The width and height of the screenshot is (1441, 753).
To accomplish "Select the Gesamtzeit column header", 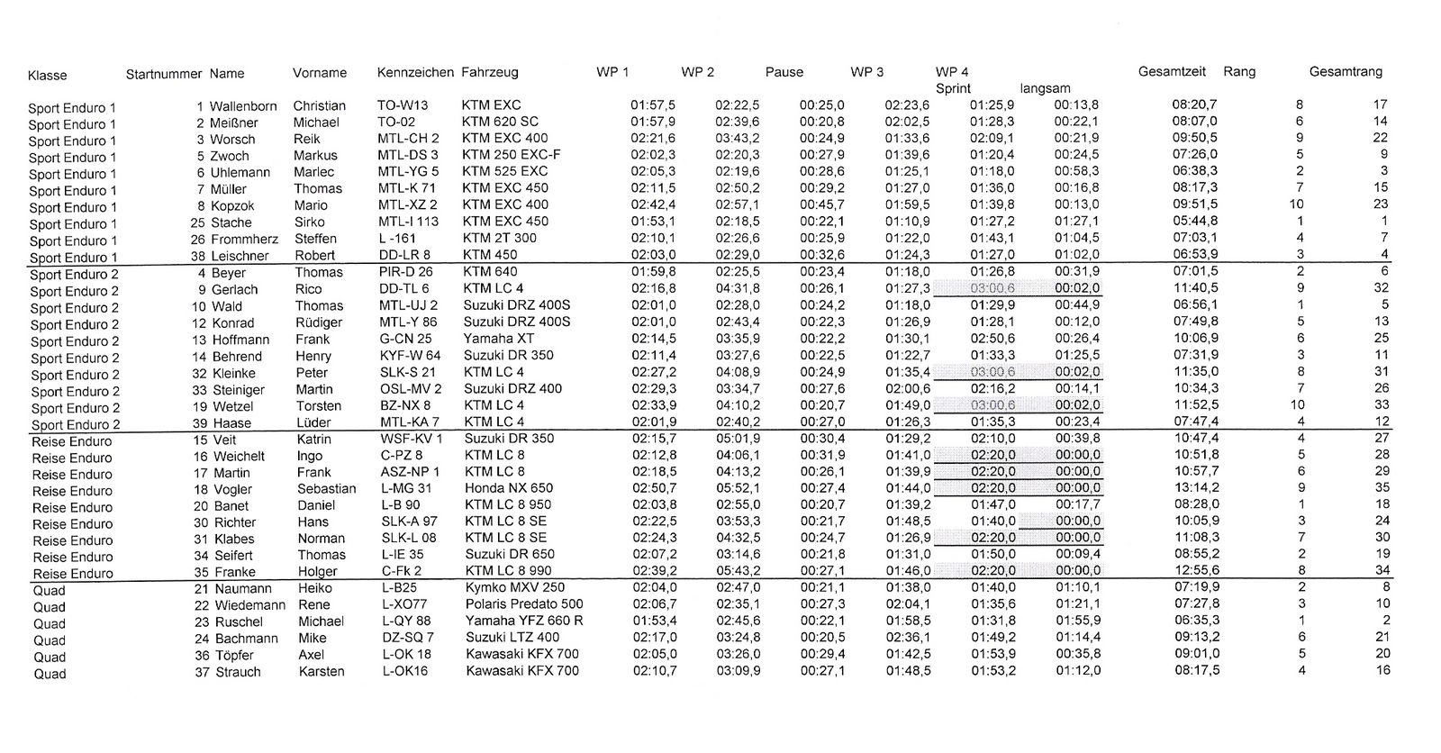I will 1172,72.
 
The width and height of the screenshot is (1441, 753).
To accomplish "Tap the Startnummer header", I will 164,74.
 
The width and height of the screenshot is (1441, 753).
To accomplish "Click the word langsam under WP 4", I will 1045,88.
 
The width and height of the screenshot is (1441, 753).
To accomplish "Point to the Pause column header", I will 784,72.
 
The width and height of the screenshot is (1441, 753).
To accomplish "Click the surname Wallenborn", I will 243,106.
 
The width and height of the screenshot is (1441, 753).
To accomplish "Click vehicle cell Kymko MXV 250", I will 515,588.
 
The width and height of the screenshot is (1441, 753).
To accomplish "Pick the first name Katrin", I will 314,440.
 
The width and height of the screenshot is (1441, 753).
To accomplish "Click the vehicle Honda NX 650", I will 509,488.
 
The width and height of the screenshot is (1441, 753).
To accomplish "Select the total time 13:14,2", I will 1195,488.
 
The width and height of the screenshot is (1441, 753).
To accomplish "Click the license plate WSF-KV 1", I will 411,439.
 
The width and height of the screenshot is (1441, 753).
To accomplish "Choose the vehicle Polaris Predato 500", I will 524,604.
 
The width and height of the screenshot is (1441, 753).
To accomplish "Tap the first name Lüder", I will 313,422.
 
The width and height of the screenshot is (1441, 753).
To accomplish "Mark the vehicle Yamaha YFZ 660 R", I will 524,621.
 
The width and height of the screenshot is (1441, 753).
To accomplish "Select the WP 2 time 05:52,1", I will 737,488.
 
